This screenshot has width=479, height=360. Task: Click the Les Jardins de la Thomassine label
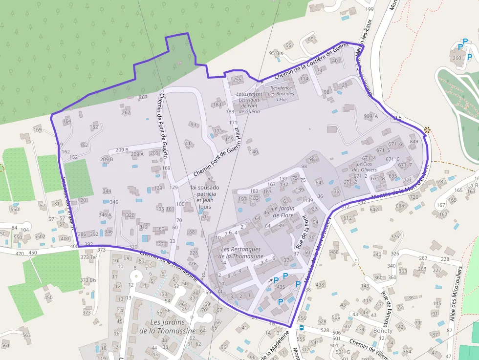[168, 326]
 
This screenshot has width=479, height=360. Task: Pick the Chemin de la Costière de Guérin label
[310, 62]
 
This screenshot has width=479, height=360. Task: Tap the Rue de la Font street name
[300, 232]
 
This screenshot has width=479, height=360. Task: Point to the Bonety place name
[383, 331]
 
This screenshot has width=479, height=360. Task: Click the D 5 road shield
[397, 118]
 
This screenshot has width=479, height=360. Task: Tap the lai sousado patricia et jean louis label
[205, 197]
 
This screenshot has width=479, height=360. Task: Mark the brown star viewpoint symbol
[428, 130]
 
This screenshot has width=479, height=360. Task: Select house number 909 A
[371, 116]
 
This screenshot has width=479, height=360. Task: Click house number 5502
[40, 236]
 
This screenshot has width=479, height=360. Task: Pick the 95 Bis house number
[276, 53]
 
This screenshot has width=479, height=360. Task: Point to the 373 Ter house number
[89, 257]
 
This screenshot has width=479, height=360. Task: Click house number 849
[414, 142]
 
